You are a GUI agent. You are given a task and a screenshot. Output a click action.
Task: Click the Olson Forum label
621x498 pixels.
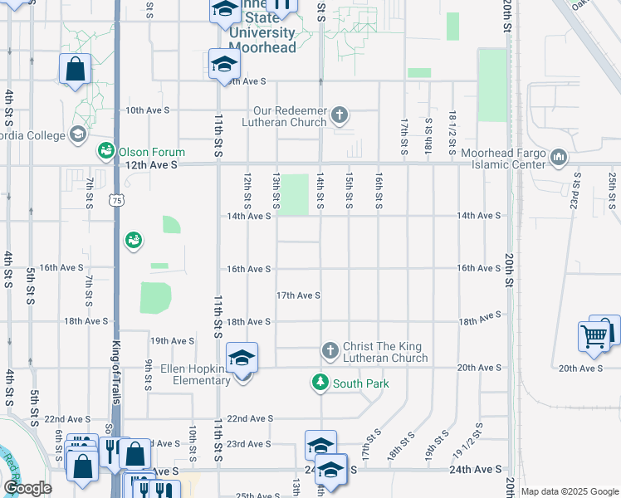coord(152,152)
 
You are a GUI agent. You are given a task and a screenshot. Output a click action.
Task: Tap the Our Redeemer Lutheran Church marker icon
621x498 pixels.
coord(339,115)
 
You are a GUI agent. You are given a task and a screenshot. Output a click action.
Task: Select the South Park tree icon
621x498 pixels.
coord(320,383)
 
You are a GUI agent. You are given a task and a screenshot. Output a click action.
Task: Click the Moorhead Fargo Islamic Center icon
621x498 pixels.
coord(558,156)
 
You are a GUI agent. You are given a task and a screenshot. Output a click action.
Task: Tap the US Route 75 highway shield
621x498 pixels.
coord(115,200)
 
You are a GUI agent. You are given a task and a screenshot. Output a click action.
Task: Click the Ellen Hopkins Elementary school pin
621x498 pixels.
coord(242,359)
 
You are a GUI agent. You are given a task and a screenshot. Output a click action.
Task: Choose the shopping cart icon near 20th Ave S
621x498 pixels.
coord(594,336)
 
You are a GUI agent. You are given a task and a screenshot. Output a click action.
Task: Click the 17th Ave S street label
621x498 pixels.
coord(299,295)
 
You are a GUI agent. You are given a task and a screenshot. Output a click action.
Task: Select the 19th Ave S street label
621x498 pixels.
coord(172,340)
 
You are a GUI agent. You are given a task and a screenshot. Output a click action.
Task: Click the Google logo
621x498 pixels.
coord(28,488)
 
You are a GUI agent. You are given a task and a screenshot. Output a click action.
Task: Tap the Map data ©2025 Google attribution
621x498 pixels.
coord(570,491)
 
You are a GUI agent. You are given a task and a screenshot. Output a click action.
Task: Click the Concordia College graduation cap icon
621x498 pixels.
coord(77,134)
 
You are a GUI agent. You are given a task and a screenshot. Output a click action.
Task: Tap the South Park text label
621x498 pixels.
coord(361,383)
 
